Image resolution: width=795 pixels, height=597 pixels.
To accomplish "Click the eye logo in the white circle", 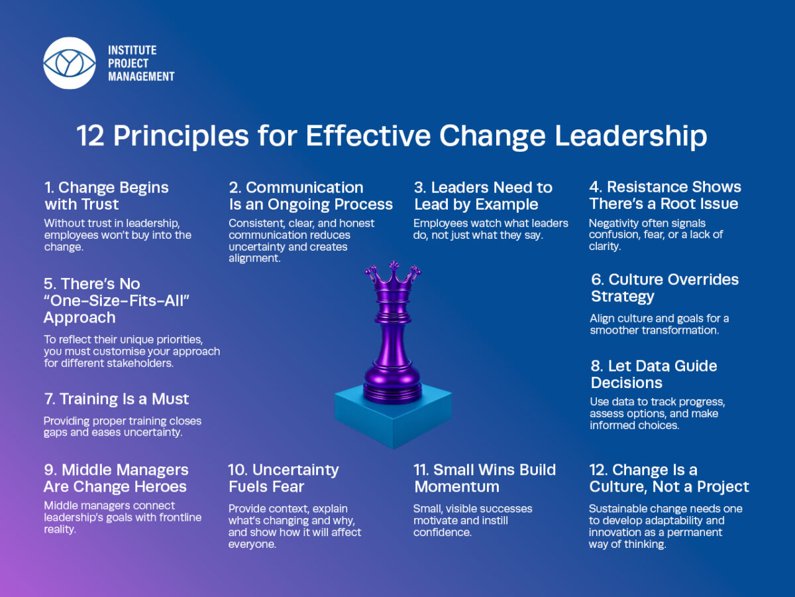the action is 70,63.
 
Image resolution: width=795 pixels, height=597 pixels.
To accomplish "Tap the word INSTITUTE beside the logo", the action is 132,50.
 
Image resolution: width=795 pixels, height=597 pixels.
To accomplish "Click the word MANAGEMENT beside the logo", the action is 141,76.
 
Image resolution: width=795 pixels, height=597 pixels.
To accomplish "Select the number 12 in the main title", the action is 90,135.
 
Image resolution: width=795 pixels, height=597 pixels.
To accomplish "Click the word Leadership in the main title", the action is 631,136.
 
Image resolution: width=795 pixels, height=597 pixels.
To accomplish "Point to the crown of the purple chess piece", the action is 393,275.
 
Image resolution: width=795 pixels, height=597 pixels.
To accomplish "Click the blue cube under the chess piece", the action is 393,417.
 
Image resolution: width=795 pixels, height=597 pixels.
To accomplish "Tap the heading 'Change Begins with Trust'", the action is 107,196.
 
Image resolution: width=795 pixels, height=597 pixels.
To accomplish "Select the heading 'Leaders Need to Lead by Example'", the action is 483,196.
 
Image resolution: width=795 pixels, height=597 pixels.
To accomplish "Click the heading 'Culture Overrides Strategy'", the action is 664,288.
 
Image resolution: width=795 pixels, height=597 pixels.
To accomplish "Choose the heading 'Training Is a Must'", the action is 116,399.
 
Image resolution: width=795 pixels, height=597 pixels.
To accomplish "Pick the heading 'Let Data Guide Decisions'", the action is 654,374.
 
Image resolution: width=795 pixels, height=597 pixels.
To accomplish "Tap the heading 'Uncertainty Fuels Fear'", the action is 284,478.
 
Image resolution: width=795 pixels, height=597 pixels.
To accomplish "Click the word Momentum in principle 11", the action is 456,486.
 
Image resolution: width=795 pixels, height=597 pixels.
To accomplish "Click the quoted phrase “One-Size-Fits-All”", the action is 117,300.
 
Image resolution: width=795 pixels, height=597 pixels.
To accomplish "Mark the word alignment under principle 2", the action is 254,259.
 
